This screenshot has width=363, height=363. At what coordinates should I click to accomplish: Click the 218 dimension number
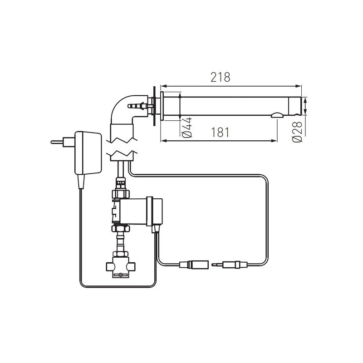pos(220,77)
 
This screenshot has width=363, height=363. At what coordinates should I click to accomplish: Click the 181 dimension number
pos(220,132)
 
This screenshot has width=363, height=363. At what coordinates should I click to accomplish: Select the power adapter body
pos(88,152)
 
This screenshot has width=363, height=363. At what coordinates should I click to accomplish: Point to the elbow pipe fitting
pos(123,113)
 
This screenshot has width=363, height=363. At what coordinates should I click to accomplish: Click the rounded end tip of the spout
pos(298,106)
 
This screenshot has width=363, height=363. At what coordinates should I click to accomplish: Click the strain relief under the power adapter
pos(82,181)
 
